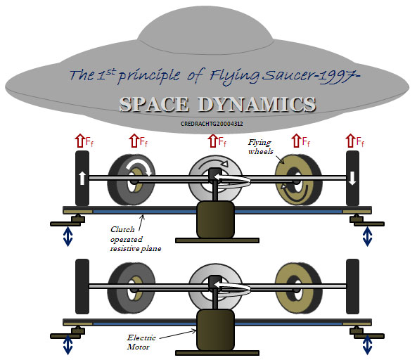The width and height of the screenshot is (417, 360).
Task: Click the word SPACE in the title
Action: [154, 104]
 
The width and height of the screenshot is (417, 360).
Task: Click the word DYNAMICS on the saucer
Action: [257, 104]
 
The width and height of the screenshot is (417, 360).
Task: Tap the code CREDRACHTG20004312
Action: [212, 124]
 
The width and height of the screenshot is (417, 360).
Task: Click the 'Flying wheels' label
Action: [261, 147]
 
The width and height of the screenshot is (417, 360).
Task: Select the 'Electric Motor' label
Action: [141, 342]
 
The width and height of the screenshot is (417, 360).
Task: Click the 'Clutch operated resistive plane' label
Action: [136, 239]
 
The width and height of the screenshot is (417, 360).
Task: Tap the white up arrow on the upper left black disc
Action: [82, 178]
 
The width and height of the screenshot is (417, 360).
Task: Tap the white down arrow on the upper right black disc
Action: [352, 178]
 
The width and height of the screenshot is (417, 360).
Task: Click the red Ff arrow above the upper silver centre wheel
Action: [212, 141]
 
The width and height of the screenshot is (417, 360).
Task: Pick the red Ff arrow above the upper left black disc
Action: [79, 141]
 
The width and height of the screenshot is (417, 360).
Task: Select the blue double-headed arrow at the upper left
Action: [68, 236]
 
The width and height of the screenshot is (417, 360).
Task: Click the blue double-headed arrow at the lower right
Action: [367, 345]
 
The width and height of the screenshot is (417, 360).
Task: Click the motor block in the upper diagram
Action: [215, 219]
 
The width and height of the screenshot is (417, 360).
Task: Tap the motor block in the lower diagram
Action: [215, 330]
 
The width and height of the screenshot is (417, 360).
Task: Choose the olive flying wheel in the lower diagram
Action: [298, 288]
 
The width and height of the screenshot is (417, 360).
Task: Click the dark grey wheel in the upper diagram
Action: [131, 180]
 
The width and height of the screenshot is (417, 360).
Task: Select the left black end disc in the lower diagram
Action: [82, 287]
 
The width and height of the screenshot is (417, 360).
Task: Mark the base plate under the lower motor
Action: [217, 353]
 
